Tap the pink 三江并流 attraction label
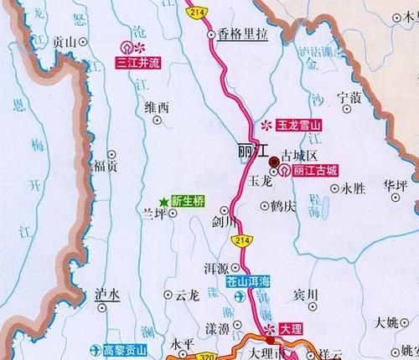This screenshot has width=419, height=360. tap(137, 62)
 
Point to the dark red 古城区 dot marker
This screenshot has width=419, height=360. tap(274, 161)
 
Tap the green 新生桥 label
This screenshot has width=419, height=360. tap(189, 200)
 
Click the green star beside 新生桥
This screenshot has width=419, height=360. tap(163, 200)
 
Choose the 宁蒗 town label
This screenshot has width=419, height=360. tap(350, 98)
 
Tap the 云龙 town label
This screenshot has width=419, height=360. tap(187, 295)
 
